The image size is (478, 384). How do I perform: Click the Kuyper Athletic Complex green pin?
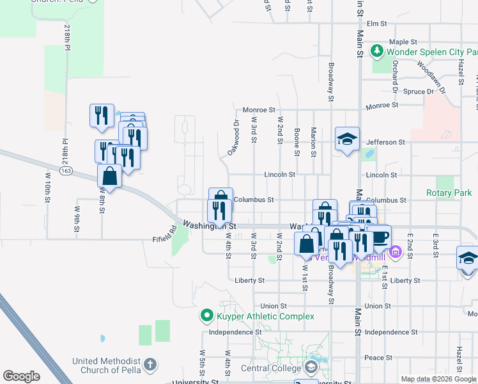tap(206, 316)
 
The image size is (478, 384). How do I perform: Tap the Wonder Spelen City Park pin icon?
tap(377, 50)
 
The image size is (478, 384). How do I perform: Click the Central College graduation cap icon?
tap(311, 368)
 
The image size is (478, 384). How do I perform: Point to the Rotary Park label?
tap(449, 193)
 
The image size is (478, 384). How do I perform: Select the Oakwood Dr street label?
tap(233, 138)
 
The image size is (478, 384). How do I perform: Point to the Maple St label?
tap(406, 42)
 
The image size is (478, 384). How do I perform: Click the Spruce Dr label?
tap(419, 92)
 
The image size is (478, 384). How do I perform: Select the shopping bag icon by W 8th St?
tap(110, 176)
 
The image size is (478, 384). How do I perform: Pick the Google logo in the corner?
tap(21, 376)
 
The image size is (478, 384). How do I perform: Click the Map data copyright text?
tap(438, 379)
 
